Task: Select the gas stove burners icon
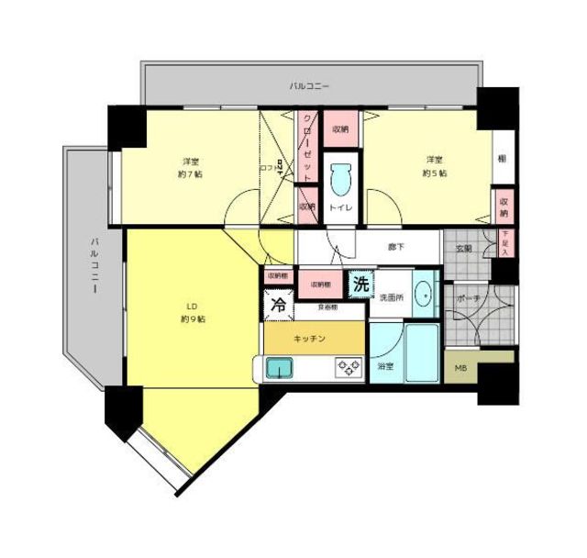click(348, 368)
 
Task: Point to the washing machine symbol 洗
click(361, 285)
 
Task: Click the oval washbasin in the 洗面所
click(423, 294)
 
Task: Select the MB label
click(461, 370)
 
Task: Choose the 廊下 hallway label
click(396, 247)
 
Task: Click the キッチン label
click(310, 339)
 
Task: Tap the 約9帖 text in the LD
click(192, 320)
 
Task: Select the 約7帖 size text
click(190, 173)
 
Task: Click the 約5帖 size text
click(434, 173)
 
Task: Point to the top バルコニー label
click(310, 87)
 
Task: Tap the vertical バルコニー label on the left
click(94, 265)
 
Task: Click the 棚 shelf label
click(502, 159)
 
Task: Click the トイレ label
click(340, 208)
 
